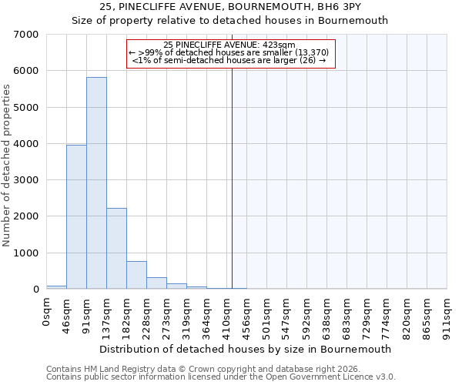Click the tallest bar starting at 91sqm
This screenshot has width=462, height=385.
tap(96, 183)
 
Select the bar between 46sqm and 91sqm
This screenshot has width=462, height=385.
tap(76, 217)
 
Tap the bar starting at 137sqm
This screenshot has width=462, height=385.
tap(116, 249)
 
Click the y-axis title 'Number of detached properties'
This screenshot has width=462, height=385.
tap(7, 166)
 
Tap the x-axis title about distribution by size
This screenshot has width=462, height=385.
tap(246, 349)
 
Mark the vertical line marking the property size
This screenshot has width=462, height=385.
tap(232, 177)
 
